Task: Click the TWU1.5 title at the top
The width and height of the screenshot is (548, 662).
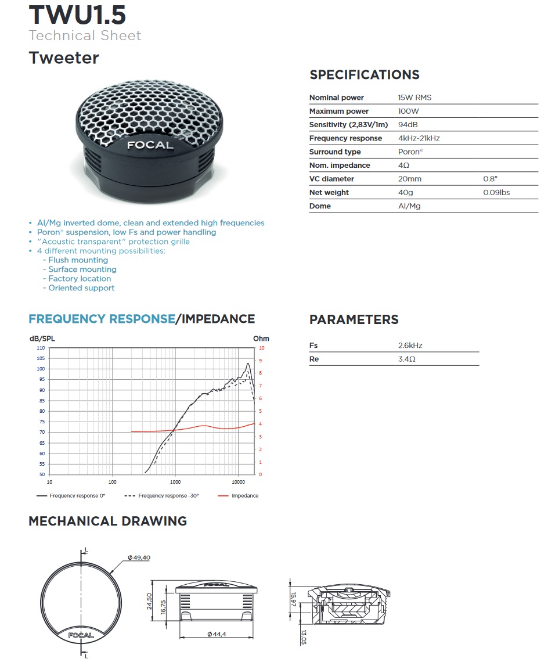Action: click(x=77, y=15)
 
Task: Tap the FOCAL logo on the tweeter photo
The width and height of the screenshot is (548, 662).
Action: click(x=150, y=145)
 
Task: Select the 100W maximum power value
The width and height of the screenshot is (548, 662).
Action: click(x=408, y=111)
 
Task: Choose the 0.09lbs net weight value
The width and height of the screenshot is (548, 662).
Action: click(x=496, y=192)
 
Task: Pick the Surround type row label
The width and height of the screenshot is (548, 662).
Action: click(x=335, y=152)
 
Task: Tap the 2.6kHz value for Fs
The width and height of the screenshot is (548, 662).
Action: click(x=410, y=346)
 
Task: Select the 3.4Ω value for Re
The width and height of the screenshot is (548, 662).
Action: click(x=407, y=359)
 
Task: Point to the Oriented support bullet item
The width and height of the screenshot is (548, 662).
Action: click(x=81, y=288)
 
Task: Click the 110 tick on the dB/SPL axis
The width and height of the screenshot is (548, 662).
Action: click(x=41, y=348)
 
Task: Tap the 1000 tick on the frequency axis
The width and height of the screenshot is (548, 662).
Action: click(x=175, y=482)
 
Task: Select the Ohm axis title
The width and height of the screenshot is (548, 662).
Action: click(x=261, y=339)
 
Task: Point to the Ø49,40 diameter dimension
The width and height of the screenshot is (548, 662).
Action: click(x=139, y=557)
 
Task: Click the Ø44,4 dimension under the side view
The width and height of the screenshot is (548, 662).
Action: click(x=216, y=634)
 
